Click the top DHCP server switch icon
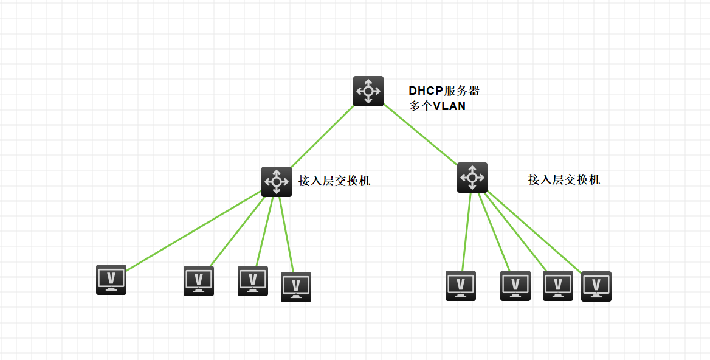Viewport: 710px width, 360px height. (368, 91)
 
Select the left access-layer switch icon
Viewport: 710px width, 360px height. (277, 181)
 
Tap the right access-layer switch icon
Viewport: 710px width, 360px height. (472, 178)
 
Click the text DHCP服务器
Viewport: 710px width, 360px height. (444, 91)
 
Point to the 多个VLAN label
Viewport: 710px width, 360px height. (437, 106)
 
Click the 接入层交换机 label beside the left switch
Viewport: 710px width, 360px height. (334, 181)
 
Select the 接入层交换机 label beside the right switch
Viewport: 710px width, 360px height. (564, 180)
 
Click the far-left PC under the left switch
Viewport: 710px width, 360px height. (111, 280)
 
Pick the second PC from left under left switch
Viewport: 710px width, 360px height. (199, 281)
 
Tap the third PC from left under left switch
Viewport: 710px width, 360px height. (253, 281)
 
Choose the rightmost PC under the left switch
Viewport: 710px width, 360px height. (296, 287)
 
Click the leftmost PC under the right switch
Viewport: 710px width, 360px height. (461, 286)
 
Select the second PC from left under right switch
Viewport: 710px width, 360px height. (515, 286)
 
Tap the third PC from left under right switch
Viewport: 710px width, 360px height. (558, 286)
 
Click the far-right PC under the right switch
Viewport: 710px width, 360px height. (596, 286)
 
